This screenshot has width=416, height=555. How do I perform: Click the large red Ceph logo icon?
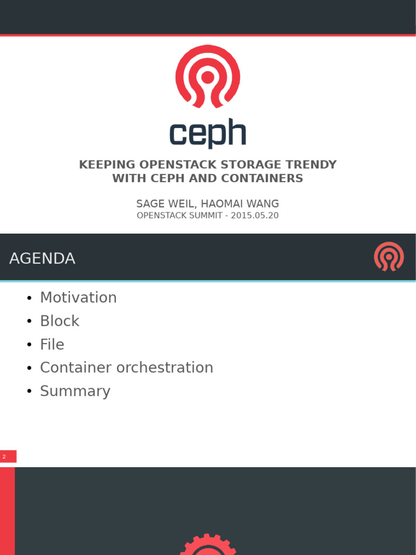[x=207, y=76]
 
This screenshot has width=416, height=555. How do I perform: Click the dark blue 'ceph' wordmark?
[x=207, y=133]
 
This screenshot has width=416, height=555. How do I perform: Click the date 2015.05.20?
[x=255, y=215]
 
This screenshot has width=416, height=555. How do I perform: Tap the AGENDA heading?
[x=42, y=259]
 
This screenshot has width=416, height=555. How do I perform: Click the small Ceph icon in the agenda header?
[x=388, y=257]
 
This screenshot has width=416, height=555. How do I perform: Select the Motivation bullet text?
[x=79, y=298]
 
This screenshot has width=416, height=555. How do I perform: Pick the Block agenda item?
[x=60, y=321]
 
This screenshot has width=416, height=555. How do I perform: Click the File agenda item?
[x=52, y=345]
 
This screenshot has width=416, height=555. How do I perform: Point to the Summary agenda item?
[x=75, y=391]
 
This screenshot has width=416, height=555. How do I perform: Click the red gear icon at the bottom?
[x=208, y=545]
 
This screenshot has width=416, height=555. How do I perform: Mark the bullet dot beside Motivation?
[x=29, y=298]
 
